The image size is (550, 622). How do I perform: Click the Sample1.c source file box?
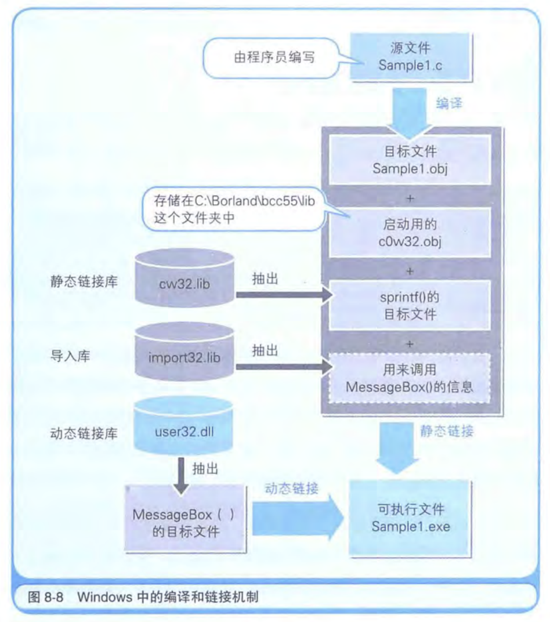410,57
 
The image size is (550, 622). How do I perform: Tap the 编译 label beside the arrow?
449,104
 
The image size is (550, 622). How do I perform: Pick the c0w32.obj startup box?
410,232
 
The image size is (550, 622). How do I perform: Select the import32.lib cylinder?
183,354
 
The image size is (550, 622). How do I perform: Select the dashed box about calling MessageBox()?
410,378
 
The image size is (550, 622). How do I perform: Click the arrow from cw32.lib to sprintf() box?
284,295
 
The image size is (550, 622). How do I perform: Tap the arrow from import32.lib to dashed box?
284,367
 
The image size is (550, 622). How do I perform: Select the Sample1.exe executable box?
410,518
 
